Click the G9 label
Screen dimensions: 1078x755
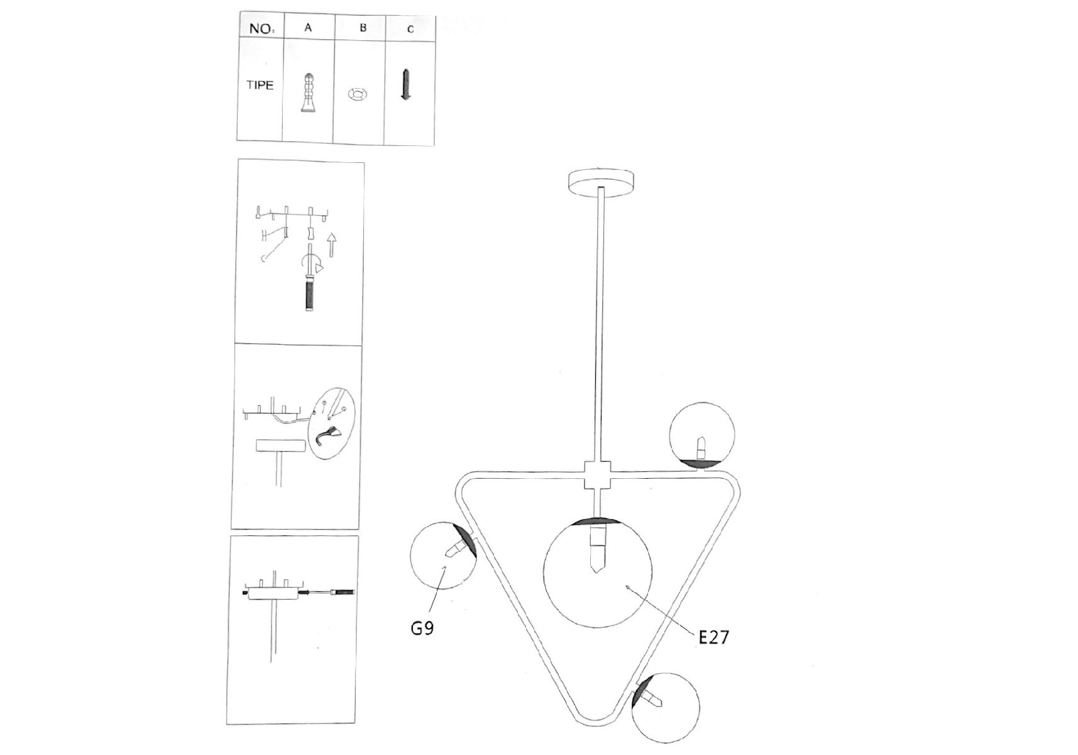[x=422, y=627]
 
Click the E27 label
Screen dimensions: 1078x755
[x=714, y=637]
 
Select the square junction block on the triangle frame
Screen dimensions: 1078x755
[x=597, y=476]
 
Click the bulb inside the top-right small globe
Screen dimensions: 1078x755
[x=701, y=448]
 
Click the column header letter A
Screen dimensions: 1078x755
[x=308, y=28]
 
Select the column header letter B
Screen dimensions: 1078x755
[x=363, y=28]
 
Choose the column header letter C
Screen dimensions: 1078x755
[x=410, y=29]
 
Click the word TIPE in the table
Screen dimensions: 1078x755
[x=260, y=85]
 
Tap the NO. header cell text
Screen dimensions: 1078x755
[x=261, y=28]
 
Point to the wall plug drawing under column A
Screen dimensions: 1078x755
[x=307, y=93]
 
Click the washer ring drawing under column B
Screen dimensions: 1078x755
[x=358, y=94]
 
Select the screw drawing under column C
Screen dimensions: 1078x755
[x=406, y=85]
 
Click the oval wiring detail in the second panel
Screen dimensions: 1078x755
[x=334, y=423]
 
